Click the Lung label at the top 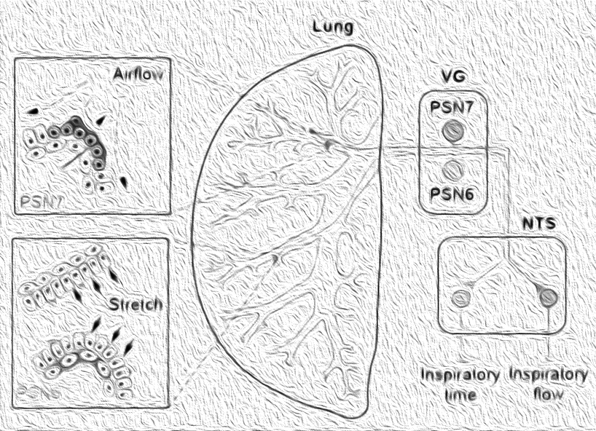[333, 28]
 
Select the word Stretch [137, 304]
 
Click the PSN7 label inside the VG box [453, 108]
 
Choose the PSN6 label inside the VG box [453, 195]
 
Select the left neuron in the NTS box [460, 298]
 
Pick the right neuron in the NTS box [549, 297]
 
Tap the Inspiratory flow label [548, 384]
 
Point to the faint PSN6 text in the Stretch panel [36, 390]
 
